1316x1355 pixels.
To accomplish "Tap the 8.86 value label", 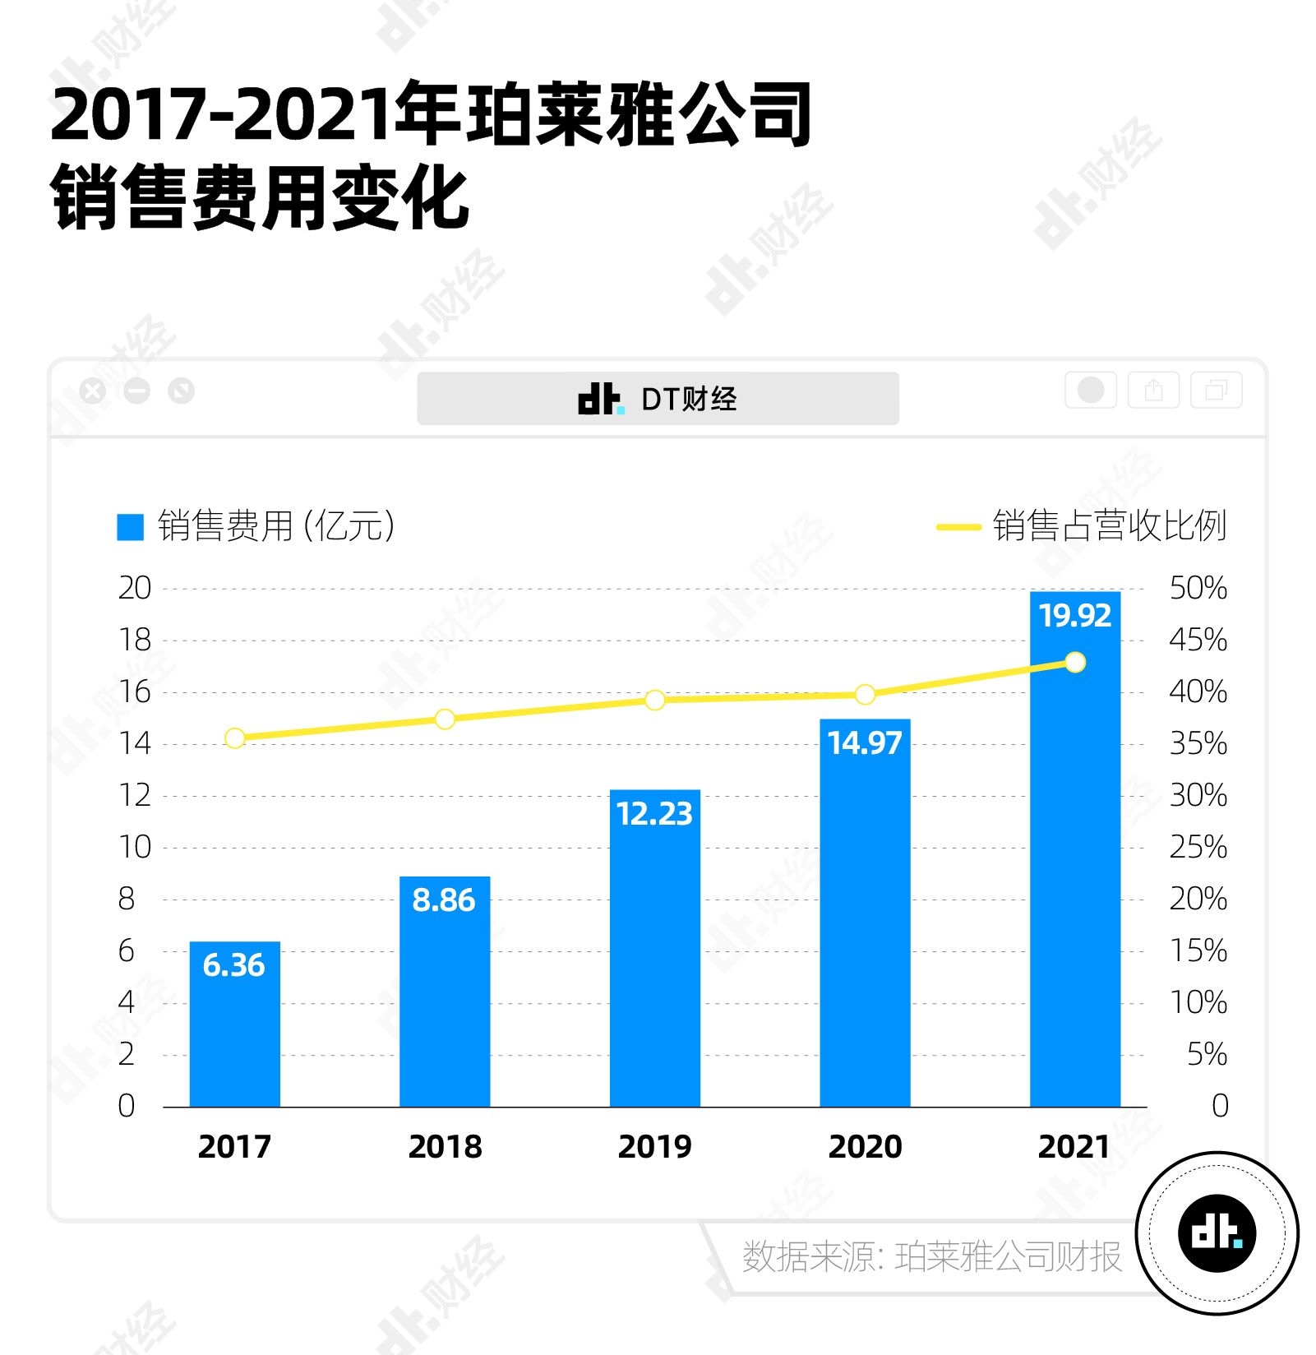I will [444, 900].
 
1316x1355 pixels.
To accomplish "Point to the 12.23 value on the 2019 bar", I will [654, 814].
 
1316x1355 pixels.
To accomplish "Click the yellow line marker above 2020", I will [865, 695].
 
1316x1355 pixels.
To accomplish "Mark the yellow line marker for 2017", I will [234, 738].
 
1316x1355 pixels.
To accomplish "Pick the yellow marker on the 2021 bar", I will [1075, 662].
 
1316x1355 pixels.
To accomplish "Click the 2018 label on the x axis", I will [445, 1146].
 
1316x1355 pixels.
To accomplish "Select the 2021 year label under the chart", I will [1074, 1146].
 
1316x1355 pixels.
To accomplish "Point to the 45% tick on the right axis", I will [1198, 640].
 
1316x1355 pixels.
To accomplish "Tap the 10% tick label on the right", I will [1198, 1002].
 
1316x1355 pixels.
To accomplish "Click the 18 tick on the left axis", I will [135, 640].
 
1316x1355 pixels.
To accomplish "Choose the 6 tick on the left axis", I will [126, 950].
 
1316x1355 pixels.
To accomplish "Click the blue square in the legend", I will [130, 527].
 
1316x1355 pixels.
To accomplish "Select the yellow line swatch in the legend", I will [958, 527].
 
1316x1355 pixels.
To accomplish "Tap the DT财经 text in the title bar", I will [689, 400].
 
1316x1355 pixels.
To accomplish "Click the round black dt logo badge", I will [1217, 1232].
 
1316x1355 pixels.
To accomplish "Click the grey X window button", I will [93, 391].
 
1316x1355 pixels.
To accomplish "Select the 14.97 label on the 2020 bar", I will [865, 743].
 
